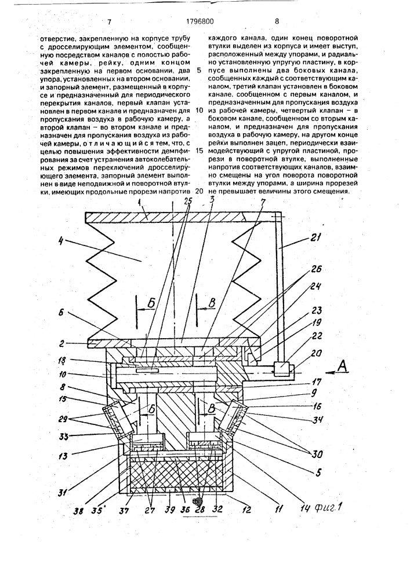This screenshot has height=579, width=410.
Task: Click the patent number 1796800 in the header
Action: [x=199, y=21]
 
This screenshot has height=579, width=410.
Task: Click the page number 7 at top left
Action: [x=109, y=22]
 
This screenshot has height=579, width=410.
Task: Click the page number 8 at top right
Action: [x=277, y=21]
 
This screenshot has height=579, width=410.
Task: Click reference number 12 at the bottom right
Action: [x=246, y=510]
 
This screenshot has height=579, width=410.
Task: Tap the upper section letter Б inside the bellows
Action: [x=150, y=305]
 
